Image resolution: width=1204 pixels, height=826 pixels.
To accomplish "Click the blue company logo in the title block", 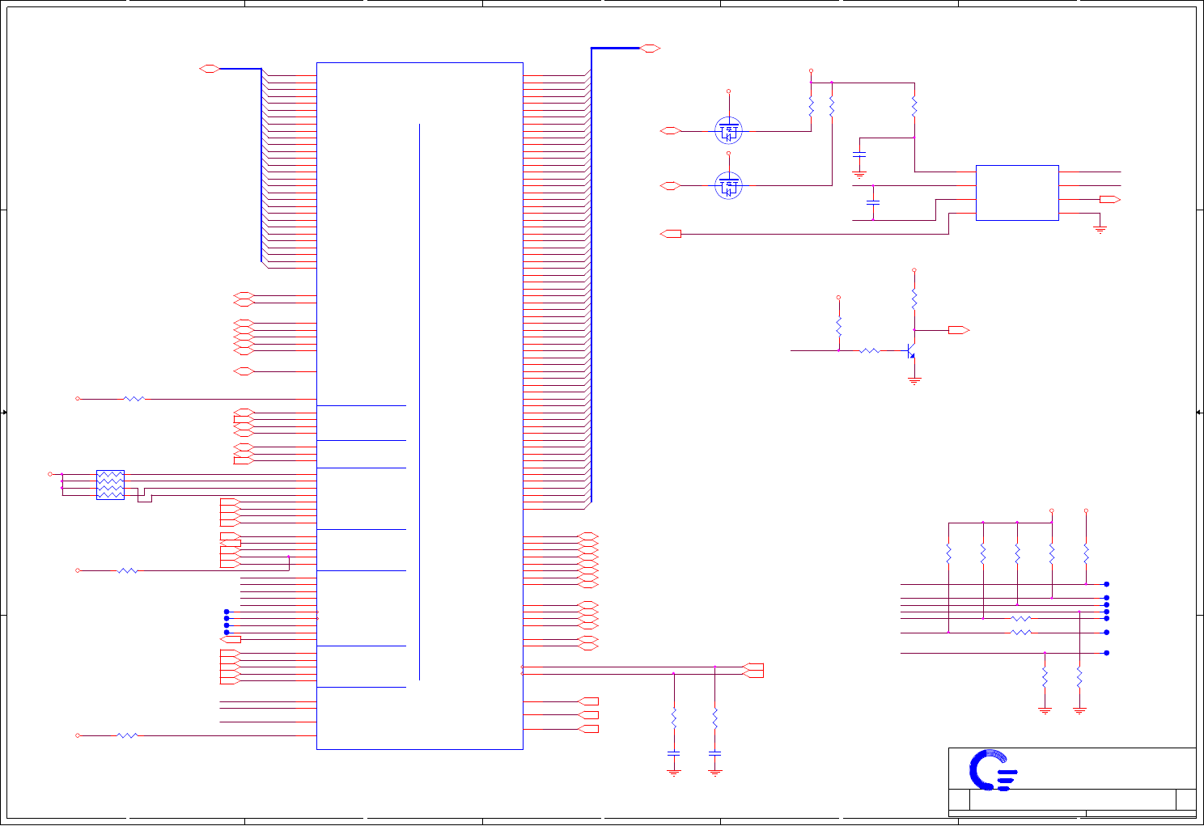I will pyautogui.click(x=993, y=770).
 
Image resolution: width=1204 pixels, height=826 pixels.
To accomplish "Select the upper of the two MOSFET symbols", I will pyautogui.click(x=728, y=130).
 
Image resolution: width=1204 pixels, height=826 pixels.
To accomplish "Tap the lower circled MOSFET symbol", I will pyautogui.click(x=728, y=186).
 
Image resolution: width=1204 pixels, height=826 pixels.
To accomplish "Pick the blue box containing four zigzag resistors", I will pyautogui.click(x=110, y=485).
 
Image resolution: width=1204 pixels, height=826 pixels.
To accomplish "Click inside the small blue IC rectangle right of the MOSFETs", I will pyautogui.click(x=1017, y=193).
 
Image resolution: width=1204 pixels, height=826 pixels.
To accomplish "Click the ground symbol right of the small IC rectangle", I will pyautogui.click(x=1100, y=230).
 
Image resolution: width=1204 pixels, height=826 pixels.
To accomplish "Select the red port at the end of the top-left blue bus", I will pyautogui.click(x=210, y=69).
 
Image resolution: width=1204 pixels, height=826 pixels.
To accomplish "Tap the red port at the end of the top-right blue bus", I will pyautogui.click(x=651, y=49).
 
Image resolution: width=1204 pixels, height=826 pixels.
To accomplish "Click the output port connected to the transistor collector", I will pyautogui.click(x=959, y=330).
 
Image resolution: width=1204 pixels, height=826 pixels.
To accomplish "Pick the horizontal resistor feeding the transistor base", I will pyautogui.click(x=869, y=351).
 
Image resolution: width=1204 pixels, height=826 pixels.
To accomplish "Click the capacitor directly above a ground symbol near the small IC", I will pyautogui.click(x=859, y=154).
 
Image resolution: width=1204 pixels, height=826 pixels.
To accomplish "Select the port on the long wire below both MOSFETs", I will pyautogui.click(x=671, y=234).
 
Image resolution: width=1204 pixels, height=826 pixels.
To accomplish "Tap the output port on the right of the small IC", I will pyautogui.click(x=1109, y=199).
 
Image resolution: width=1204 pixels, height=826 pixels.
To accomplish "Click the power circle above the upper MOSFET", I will pyautogui.click(x=728, y=91).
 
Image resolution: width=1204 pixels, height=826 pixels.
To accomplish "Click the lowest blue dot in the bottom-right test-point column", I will pyautogui.click(x=1106, y=653).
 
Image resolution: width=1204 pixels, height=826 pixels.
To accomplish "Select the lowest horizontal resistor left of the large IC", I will pyautogui.click(x=128, y=735).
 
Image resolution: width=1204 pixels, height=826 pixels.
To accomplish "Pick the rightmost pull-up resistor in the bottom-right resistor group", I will pyautogui.click(x=1086, y=553).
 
